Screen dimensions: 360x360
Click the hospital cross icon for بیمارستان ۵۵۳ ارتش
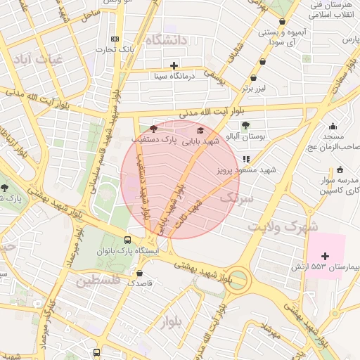(325, 255)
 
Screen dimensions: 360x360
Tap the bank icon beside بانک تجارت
(115, 39)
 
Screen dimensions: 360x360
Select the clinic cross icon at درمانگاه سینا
(174, 65)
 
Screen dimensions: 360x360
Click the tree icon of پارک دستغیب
(154, 129)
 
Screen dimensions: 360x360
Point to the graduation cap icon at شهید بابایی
(200, 130)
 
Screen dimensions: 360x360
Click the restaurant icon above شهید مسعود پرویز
(245, 159)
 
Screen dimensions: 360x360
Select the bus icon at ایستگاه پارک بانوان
(127, 239)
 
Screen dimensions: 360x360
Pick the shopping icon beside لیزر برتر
(254, 77)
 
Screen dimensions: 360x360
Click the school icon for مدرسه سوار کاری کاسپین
(340, 169)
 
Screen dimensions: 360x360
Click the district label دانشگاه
(167, 41)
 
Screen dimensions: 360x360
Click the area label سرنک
(236, 199)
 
